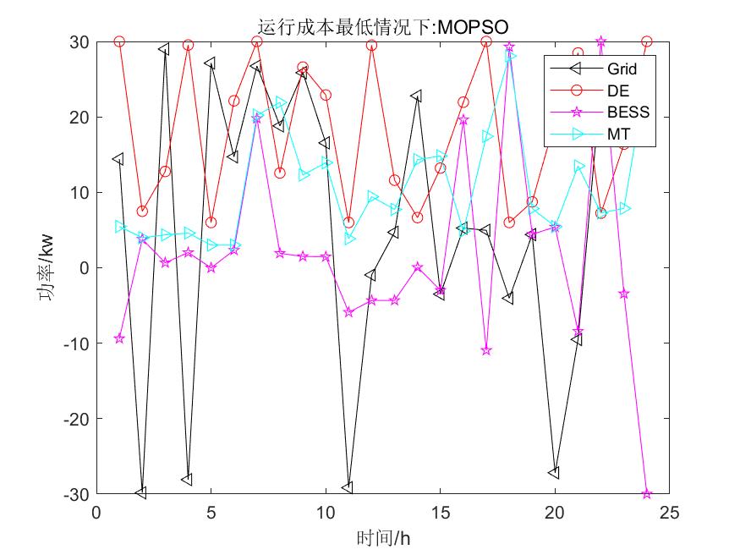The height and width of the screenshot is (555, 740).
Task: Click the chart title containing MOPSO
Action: tap(382, 29)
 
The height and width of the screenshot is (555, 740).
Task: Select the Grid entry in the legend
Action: tap(622, 69)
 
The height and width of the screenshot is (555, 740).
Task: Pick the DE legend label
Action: tap(617, 90)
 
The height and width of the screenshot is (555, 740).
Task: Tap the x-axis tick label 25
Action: tap(669, 514)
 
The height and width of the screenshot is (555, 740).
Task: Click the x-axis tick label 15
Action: tap(440, 514)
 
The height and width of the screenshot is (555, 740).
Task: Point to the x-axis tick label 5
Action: tap(211, 514)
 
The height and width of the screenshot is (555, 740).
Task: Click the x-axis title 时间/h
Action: tap(382, 537)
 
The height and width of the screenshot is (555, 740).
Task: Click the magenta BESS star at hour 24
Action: tap(647, 493)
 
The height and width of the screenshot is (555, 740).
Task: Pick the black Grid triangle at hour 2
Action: tap(141, 492)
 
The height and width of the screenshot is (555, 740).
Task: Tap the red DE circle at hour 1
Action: tap(119, 41)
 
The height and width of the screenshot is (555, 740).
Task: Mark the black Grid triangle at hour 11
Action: tap(348, 487)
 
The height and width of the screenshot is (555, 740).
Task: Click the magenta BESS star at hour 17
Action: tap(486, 350)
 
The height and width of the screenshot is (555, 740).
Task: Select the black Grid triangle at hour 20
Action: tap(555, 473)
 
